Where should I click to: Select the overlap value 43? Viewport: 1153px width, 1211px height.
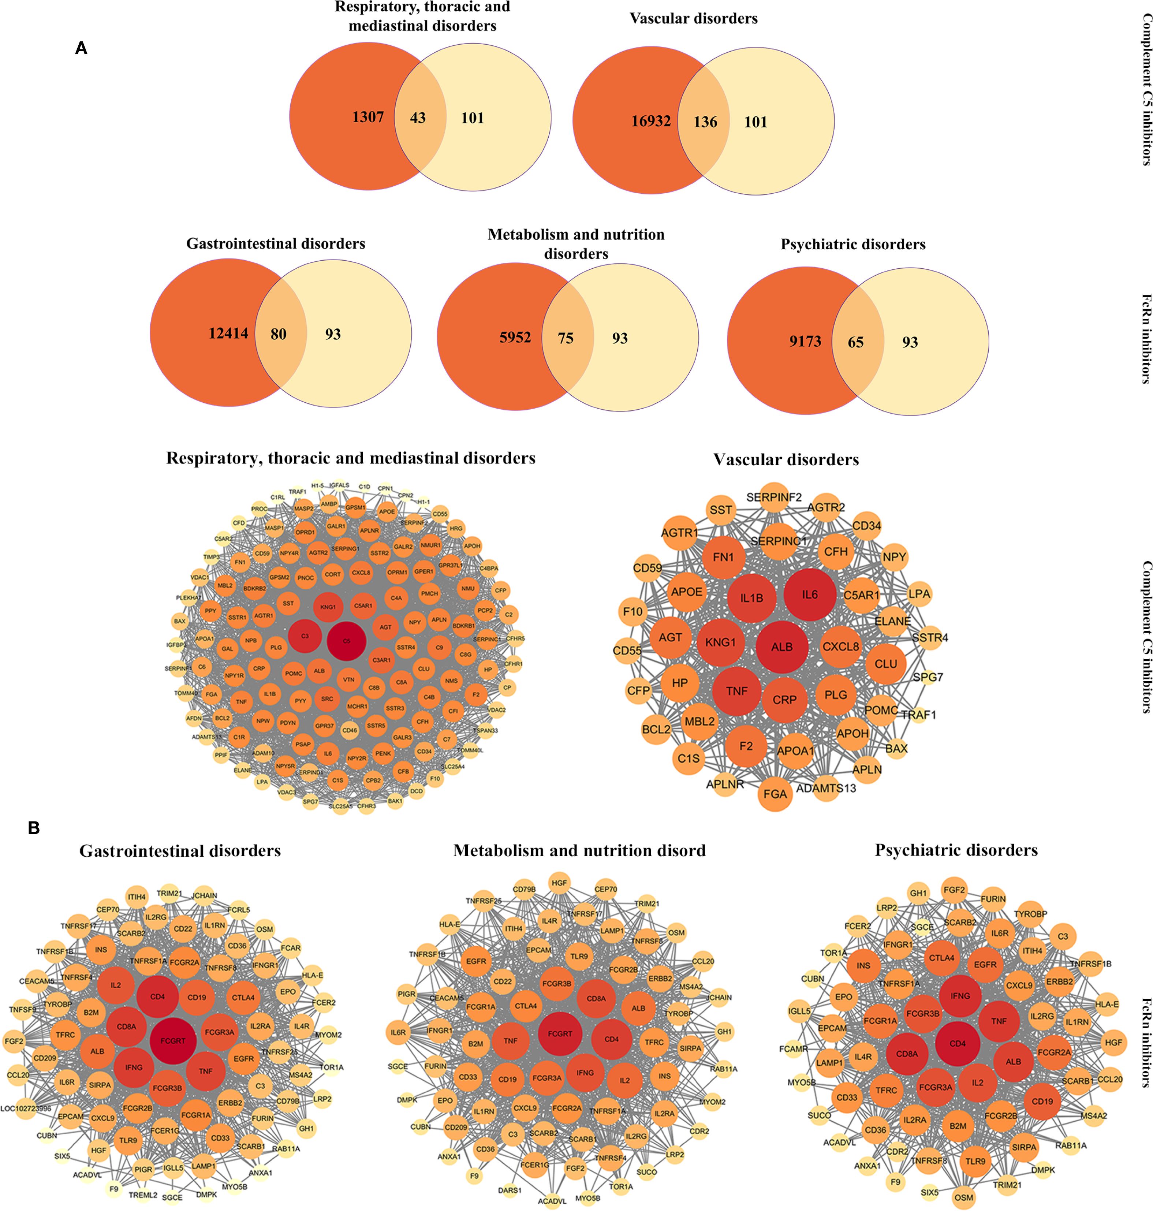(x=418, y=118)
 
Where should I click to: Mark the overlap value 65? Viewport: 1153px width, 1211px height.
(x=855, y=342)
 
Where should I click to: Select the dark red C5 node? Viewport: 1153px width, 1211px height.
(x=347, y=641)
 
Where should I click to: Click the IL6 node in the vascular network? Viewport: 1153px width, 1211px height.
(x=809, y=595)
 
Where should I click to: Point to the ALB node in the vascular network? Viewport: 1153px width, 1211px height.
(x=782, y=647)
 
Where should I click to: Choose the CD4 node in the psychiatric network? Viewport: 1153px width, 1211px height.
(x=958, y=1043)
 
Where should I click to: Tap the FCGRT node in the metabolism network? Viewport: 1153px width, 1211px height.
(x=560, y=1033)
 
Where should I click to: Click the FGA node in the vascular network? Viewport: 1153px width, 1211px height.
(x=775, y=794)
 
